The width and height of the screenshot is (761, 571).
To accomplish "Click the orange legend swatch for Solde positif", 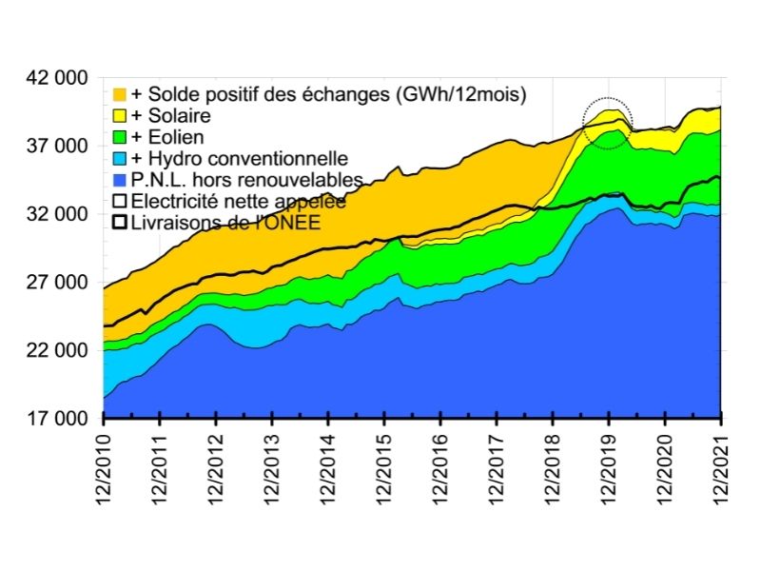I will (120, 94).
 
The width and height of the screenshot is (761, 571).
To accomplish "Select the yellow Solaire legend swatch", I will (120, 115).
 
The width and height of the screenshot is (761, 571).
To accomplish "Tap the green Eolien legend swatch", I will (120, 137).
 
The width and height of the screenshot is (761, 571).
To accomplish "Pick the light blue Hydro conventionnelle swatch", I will (120, 158).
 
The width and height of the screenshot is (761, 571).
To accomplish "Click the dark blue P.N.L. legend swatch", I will (120, 179).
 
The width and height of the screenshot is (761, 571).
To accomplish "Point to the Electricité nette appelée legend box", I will (120, 201).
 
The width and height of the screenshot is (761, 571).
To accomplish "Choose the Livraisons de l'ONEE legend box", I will (120, 222).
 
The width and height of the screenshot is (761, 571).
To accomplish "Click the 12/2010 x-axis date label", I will (104, 467).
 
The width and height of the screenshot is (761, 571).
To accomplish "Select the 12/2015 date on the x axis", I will (384, 467).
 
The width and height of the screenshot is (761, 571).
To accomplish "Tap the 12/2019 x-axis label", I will (609, 467).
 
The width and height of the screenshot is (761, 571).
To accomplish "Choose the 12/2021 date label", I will (721, 467).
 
